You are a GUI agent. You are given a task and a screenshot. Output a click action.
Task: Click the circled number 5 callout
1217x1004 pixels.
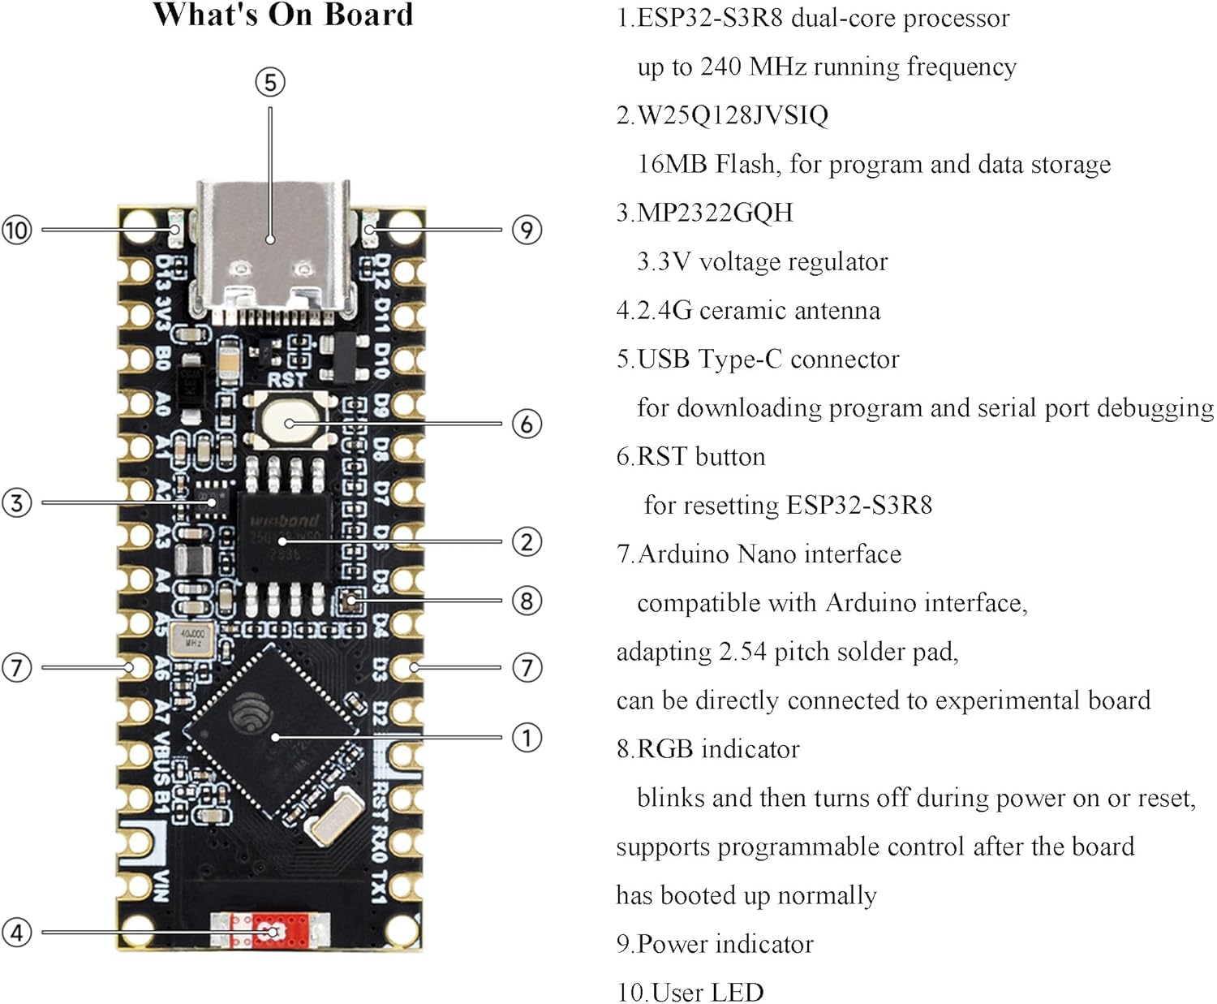pos(270,82)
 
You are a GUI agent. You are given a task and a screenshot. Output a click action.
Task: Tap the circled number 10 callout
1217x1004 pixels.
pos(16,230)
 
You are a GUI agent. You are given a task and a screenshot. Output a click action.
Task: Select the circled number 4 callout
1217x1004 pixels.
pos(16,932)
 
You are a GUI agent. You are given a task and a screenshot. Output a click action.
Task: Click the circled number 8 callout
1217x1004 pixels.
pos(527,601)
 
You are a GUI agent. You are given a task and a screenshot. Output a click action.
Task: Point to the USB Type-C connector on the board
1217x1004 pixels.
pos(273,248)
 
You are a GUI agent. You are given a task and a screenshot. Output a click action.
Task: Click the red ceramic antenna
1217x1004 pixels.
pos(271,930)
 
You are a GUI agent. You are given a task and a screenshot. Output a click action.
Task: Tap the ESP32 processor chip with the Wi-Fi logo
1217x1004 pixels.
pos(270,730)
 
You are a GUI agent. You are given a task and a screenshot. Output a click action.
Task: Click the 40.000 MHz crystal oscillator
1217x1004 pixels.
pos(192,638)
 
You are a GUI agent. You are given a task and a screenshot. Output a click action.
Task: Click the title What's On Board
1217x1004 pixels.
pos(283,15)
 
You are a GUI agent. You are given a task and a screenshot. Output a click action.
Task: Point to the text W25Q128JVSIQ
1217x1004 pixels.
pos(733,115)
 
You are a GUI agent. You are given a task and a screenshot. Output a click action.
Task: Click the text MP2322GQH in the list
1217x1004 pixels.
pos(715,213)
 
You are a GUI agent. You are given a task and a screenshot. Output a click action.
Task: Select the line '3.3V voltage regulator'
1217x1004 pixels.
pos(762,261)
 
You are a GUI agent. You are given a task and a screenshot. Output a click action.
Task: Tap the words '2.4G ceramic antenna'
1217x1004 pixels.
pos(758,310)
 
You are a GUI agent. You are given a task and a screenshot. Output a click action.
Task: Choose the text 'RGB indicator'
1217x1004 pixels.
pos(718,748)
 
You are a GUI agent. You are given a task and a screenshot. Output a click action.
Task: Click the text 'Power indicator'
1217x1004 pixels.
pos(725,943)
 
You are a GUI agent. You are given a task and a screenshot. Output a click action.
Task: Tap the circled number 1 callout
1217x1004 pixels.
pos(527,738)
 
